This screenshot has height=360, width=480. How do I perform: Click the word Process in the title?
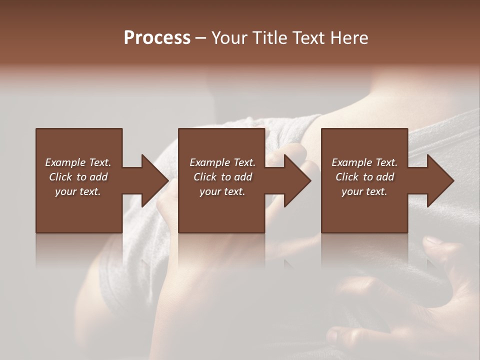click(x=157, y=38)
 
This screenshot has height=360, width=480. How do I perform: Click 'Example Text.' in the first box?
click(x=78, y=162)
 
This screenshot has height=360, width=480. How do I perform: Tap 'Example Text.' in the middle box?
click(x=222, y=162)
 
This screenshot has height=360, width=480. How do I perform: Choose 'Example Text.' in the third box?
click(x=365, y=162)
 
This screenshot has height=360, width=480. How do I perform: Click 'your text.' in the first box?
click(x=78, y=191)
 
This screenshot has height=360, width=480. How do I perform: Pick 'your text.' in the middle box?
click(x=222, y=191)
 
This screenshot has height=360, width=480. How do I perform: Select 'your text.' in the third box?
click(x=365, y=191)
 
